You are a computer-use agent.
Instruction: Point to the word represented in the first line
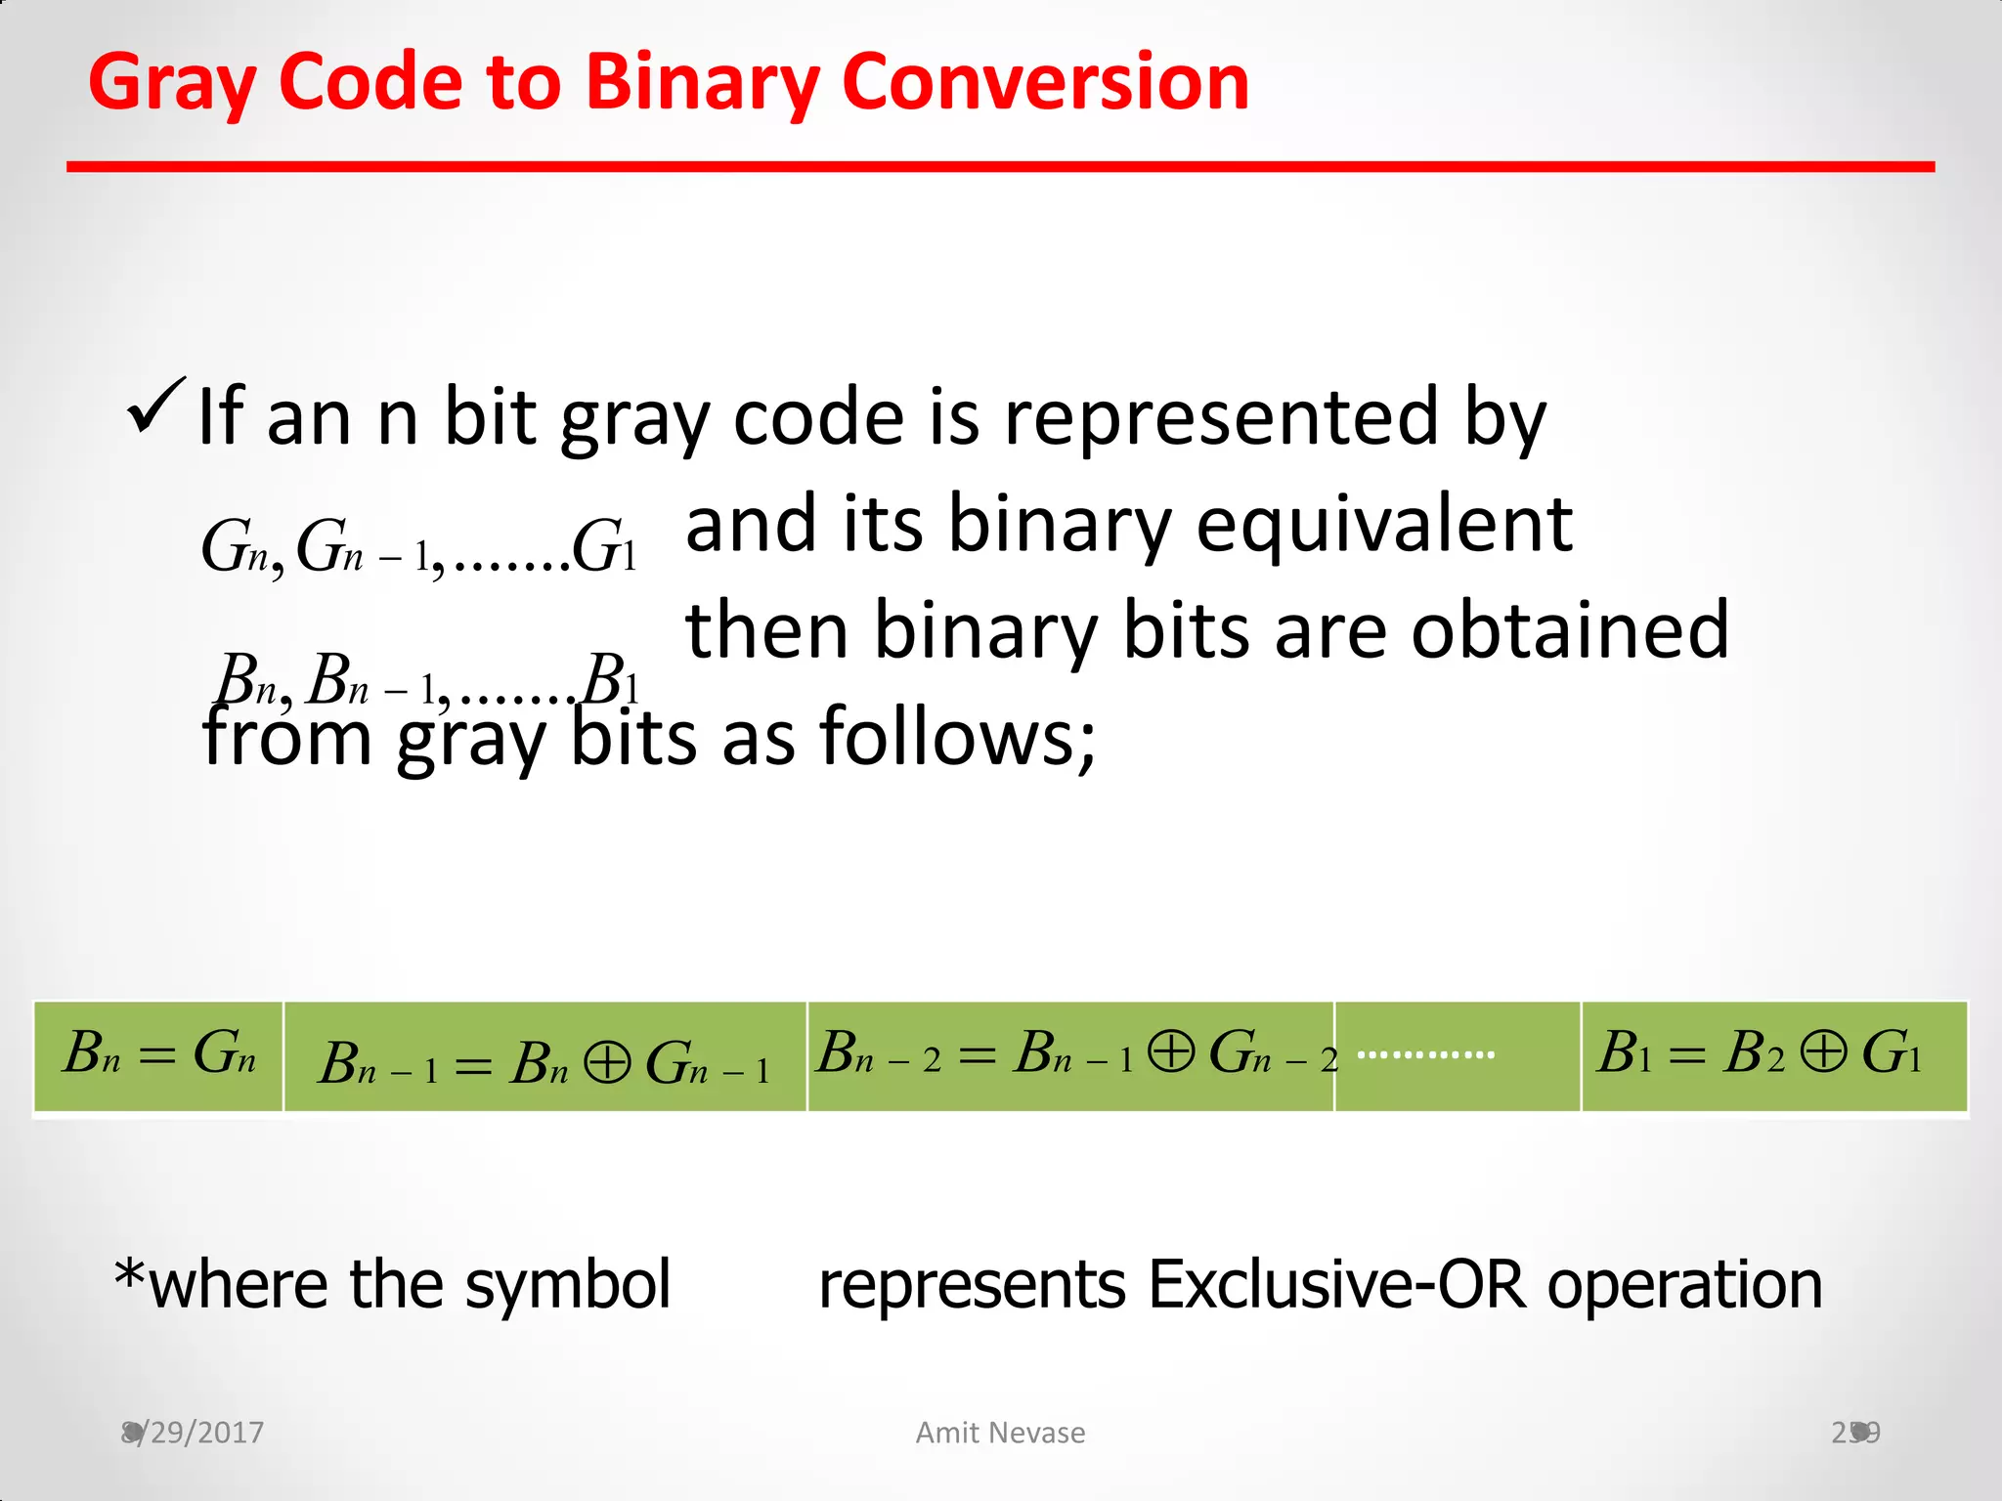click(x=1221, y=418)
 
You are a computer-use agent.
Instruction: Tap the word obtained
click(x=1570, y=630)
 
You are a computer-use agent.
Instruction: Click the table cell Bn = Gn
click(x=158, y=1055)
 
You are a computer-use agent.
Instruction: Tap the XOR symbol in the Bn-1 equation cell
click(x=607, y=1063)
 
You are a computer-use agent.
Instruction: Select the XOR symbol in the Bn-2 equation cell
click(x=1171, y=1053)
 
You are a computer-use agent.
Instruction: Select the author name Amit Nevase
click(x=1000, y=1433)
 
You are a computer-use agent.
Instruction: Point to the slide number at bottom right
click(x=1854, y=1433)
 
